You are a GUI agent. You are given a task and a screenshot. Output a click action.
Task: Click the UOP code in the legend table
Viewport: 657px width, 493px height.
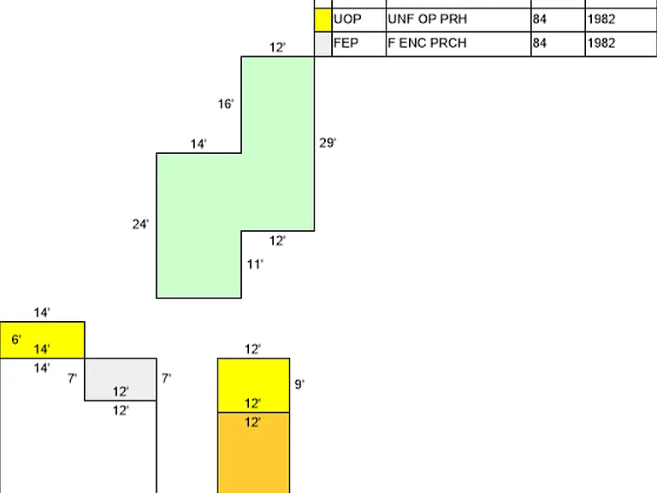click(x=347, y=20)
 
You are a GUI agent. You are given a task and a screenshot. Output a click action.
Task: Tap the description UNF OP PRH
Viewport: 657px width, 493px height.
click(x=428, y=20)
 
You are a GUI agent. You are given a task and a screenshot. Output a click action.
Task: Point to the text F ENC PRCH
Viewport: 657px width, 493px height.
click(x=427, y=43)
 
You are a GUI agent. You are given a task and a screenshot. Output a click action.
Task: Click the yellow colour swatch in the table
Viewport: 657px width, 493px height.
click(x=323, y=20)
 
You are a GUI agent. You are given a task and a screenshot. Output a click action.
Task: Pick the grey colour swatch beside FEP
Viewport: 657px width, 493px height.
click(x=323, y=44)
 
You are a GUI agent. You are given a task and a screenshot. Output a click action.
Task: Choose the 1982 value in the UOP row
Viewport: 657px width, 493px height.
click(x=601, y=20)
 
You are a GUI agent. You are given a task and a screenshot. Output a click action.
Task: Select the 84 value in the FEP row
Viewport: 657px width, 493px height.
click(x=540, y=43)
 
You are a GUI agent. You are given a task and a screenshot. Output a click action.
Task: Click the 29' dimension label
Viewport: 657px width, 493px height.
click(x=328, y=143)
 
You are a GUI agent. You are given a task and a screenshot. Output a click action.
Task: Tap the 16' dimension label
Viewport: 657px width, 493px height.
click(x=226, y=104)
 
